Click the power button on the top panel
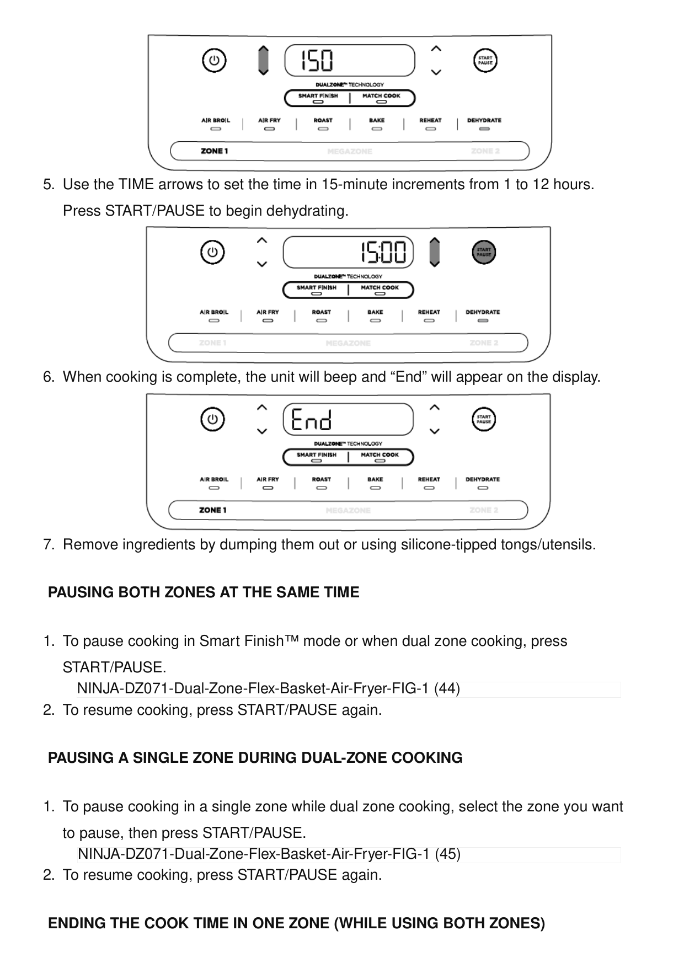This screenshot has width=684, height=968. [x=214, y=61]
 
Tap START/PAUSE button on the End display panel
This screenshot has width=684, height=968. [x=484, y=420]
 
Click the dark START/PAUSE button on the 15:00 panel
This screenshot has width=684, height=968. [x=484, y=253]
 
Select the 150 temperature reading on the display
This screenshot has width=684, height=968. [x=317, y=61]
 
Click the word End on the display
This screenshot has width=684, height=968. [x=311, y=420]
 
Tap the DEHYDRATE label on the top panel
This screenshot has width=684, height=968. [x=484, y=120]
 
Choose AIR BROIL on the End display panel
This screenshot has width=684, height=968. [x=214, y=479]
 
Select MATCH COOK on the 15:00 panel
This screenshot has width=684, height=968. [x=380, y=288]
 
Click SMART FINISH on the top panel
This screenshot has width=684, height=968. [x=318, y=96]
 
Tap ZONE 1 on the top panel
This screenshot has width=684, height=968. [x=214, y=151]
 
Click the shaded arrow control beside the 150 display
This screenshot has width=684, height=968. [x=264, y=60]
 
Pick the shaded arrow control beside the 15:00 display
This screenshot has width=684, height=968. [x=435, y=252]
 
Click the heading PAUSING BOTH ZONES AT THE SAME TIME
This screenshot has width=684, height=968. [x=204, y=592]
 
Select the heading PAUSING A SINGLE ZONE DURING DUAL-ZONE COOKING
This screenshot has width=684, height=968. [x=255, y=758]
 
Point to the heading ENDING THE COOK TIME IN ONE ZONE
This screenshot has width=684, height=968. [x=296, y=923]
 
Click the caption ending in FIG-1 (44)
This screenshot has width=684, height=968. [x=268, y=689]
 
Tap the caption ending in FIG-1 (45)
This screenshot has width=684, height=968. [x=269, y=854]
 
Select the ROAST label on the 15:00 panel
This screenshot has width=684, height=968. [x=322, y=312]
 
